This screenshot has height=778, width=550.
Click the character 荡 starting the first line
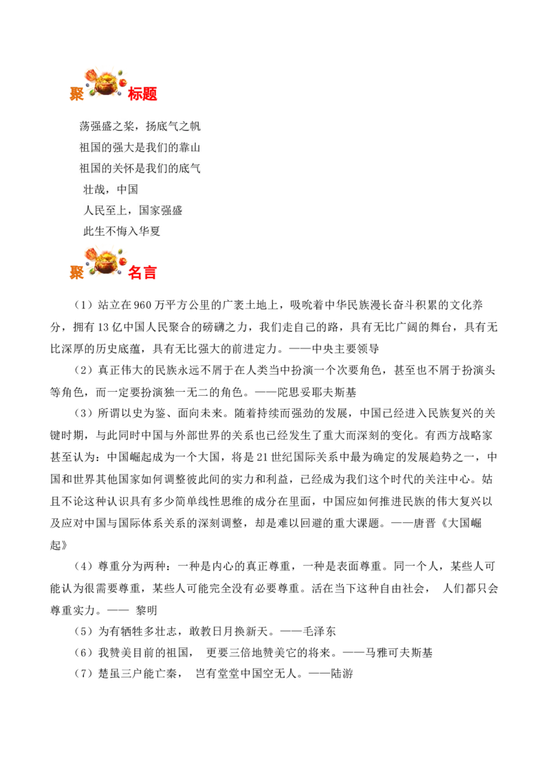click(85, 126)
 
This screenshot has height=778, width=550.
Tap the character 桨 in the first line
click(129, 126)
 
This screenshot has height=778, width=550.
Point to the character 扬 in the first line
click(151, 126)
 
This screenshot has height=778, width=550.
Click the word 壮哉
click(94, 190)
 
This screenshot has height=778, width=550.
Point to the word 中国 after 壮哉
click(127, 190)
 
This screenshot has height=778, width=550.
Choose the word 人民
click(94, 210)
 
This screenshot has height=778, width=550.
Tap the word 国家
click(150, 210)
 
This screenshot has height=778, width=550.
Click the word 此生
click(94, 232)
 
